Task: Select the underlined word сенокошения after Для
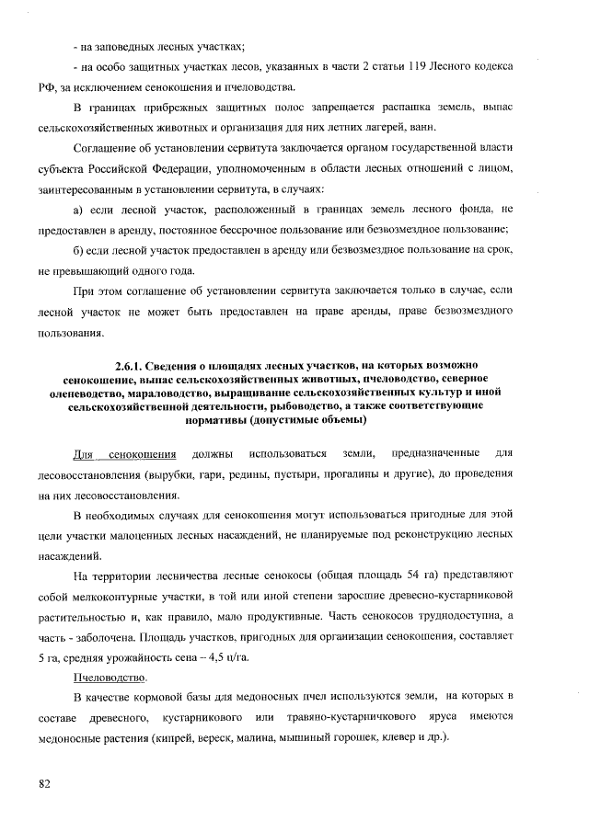[x=143, y=454]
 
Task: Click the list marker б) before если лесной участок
[x=79, y=251]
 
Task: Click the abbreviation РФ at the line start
[x=46, y=88]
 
